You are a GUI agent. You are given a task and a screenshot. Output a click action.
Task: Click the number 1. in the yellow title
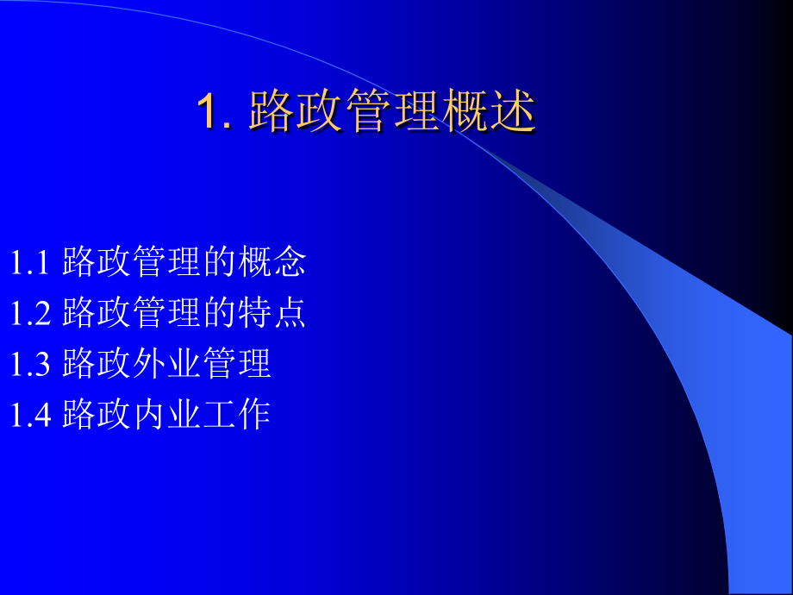coord(215,112)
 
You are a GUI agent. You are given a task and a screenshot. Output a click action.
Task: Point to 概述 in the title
coord(489,112)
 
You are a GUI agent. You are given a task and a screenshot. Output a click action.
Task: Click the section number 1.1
coord(32,263)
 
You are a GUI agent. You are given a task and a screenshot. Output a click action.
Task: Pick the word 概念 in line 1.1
coord(272,263)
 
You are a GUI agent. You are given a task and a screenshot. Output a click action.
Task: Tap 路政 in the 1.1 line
coord(97,263)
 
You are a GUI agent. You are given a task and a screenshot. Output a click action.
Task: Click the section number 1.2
coord(32,314)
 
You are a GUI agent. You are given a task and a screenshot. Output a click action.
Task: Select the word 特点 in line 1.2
coord(272,314)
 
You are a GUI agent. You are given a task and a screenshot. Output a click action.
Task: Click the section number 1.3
coord(32,364)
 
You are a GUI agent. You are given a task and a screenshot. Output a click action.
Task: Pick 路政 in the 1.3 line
coord(97,364)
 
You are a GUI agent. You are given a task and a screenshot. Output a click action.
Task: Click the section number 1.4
coord(32,415)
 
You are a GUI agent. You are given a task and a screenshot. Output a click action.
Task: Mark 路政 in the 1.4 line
coord(97,415)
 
